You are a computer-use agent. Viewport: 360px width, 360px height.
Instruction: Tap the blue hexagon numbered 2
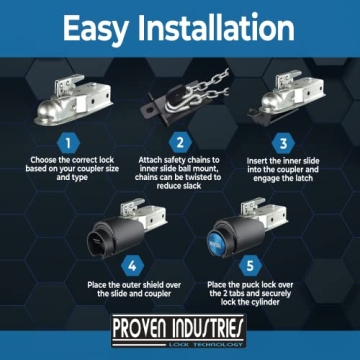181,142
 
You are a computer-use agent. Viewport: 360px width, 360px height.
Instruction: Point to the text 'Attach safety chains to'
181,161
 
